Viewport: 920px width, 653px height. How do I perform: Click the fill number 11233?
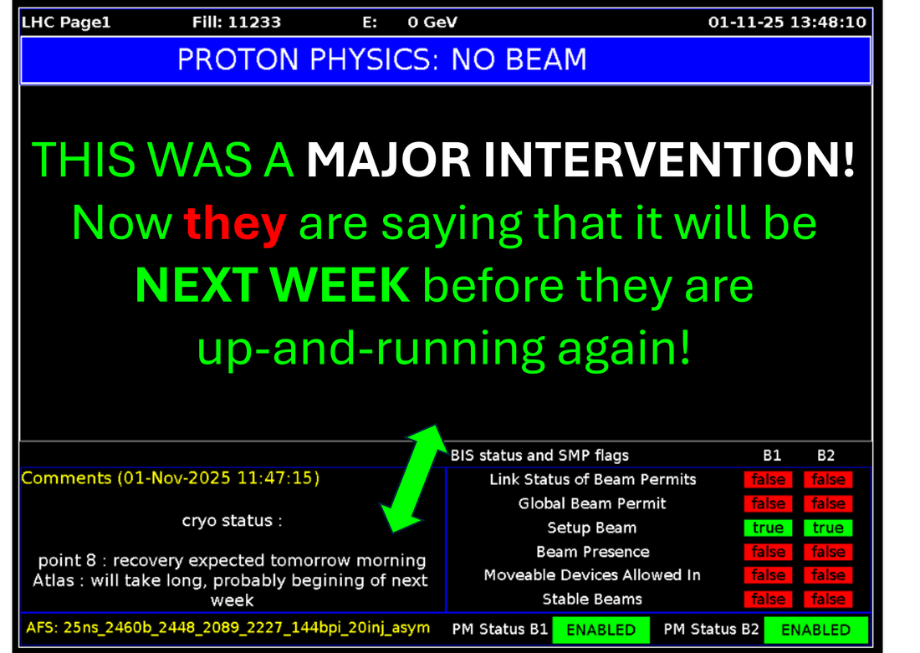coord(253,23)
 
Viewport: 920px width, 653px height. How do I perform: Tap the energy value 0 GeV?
coord(432,23)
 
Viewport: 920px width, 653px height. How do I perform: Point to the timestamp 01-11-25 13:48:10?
coord(787,23)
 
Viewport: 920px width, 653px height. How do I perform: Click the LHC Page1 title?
coord(66,23)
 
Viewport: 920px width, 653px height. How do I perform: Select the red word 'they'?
coord(235,223)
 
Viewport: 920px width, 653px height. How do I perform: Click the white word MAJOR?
coord(388,159)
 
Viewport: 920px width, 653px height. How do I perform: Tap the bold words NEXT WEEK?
coord(273,285)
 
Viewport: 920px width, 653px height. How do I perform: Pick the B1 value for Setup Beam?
coord(768,528)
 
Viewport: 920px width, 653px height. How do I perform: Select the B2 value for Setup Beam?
coord(828,528)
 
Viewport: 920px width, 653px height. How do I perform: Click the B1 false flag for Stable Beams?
coord(768,599)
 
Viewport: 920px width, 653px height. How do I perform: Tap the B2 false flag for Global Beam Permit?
coord(828,503)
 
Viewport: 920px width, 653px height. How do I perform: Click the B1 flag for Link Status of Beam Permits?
coord(768,479)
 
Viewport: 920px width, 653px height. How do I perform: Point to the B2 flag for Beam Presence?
coord(828,552)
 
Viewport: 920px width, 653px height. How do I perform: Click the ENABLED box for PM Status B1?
coord(601,630)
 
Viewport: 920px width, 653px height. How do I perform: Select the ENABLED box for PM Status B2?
coord(815,630)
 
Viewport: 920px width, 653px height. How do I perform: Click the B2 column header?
coord(825,456)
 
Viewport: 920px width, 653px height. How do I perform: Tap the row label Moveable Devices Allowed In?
coord(592,575)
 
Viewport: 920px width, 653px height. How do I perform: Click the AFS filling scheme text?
coord(227,628)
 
